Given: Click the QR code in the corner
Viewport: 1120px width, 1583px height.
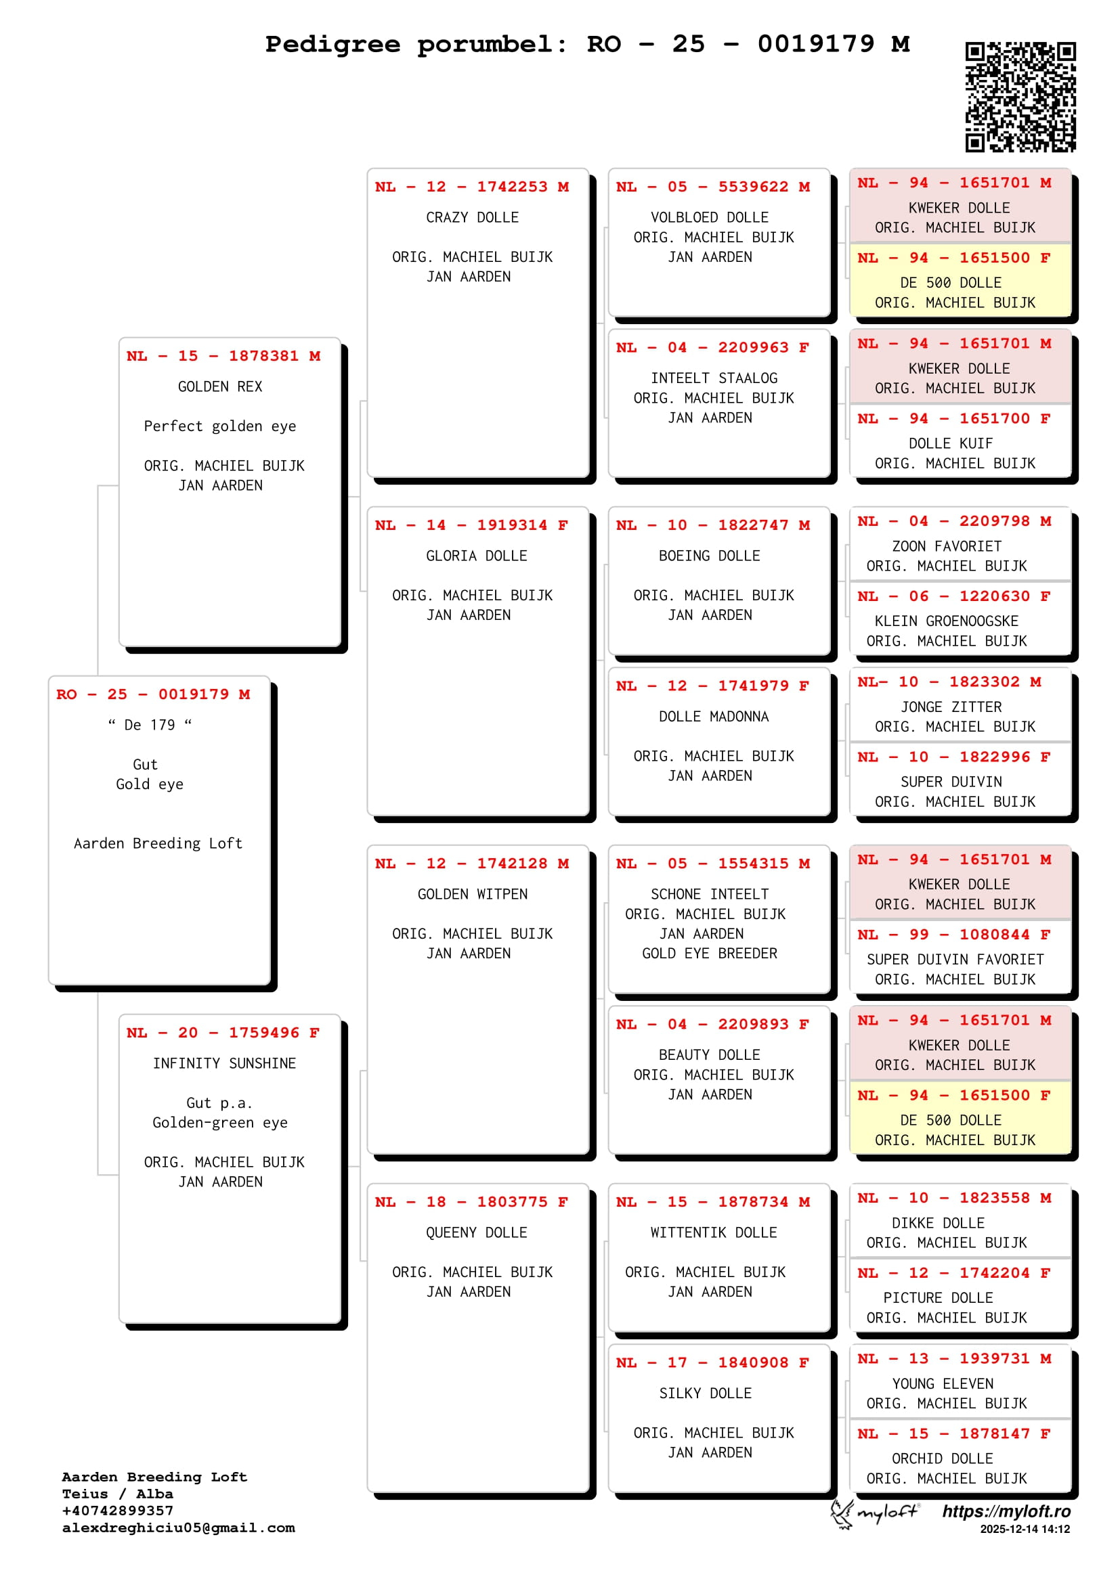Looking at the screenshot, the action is [x=1020, y=97].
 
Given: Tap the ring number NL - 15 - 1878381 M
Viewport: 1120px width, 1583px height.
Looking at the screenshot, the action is [x=223, y=356].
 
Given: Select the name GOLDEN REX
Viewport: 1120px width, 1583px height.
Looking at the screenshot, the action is [x=220, y=386].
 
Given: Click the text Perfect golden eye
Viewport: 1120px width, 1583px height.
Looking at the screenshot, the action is [x=220, y=426].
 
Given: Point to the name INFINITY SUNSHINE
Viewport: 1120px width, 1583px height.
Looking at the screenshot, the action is [x=224, y=1063].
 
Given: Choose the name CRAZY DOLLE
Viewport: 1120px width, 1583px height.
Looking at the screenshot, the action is [x=473, y=217].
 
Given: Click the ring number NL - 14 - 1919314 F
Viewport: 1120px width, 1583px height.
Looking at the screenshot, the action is [x=472, y=525].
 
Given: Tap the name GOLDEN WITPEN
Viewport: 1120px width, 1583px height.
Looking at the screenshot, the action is [x=473, y=894].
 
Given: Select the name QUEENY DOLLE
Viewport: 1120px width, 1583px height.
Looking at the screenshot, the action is [x=477, y=1232].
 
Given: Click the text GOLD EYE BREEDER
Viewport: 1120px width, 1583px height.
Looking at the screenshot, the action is [x=710, y=954].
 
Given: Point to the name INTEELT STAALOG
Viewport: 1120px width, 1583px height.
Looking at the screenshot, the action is [x=714, y=378].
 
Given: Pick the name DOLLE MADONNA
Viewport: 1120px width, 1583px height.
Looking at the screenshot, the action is [x=714, y=716].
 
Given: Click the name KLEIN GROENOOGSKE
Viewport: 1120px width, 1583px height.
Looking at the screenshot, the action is [x=946, y=621].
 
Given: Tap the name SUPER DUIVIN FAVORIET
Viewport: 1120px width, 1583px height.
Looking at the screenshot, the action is [x=955, y=960].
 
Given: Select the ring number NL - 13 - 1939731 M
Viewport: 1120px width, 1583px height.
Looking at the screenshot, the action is [x=955, y=1359].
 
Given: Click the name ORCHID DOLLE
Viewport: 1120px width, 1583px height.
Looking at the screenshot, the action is [x=942, y=1459].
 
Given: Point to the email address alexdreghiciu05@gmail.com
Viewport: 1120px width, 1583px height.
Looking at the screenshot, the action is [x=179, y=1528].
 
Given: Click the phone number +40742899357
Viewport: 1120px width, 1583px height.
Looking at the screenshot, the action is [x=118, y=1511].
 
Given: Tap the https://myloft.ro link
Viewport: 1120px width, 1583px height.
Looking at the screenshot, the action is [x=1006, y=1511].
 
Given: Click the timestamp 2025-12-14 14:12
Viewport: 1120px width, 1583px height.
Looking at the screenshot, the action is [x=1025, y=1530].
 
